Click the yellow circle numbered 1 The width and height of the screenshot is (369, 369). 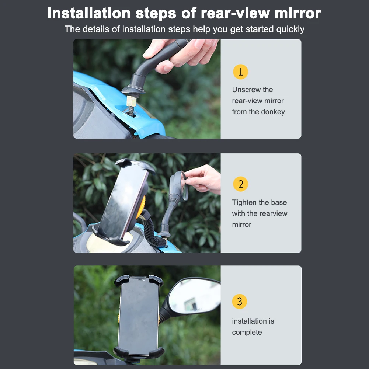click(x=240, y=72)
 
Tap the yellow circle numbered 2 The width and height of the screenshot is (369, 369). click(x=240, y=184)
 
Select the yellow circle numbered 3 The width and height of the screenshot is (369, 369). click(x=239, y=301)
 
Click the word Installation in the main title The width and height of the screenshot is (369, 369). click(x=89, y=13)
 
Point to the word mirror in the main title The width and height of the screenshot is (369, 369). click(x=298, y=13)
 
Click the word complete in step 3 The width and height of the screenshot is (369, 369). click(x=247, y=332)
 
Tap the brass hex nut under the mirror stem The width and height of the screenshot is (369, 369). click(x=131, y=101)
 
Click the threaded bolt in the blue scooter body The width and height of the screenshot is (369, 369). click(x=131, y=111)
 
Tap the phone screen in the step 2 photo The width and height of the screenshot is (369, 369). click(x=123, y=200)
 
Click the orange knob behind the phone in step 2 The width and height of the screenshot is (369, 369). click(x=141, y=207)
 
